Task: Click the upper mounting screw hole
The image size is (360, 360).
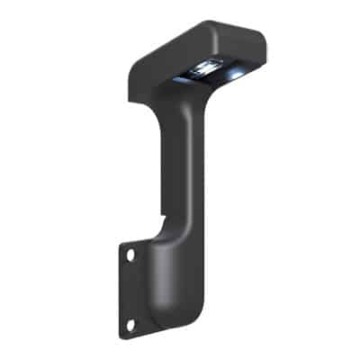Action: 131,256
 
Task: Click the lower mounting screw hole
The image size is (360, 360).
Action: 131,324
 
